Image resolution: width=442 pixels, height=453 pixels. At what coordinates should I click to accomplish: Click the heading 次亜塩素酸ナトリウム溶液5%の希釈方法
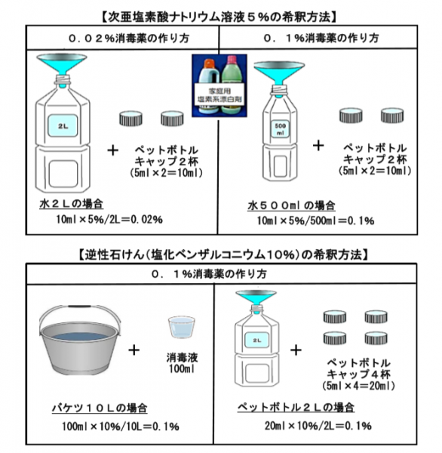pyautogui.click(x=221, y=16)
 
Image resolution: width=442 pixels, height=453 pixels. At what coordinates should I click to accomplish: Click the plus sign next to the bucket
pyautogui.click(x=134, y=350)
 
